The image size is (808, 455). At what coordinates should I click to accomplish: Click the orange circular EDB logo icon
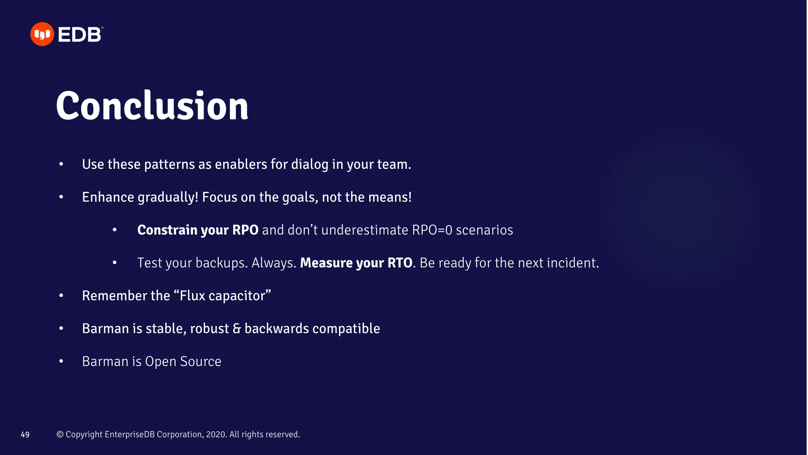[x=42, y=34]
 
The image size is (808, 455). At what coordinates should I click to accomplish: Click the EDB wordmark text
[x=80, y=35]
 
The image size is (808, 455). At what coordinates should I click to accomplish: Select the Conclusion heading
[x=152, y=105]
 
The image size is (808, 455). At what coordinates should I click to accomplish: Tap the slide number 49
[x=25, y=434]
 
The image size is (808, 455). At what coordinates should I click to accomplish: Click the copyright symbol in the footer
[x=60, y=434]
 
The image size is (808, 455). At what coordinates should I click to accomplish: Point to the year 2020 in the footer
[x=216, y=434]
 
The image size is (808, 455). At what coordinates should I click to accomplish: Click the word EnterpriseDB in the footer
[x=129, y=434]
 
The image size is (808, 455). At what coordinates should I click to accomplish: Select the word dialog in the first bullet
[x=310, y=164]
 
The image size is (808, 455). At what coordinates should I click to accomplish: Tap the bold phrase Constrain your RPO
[x=198, y=230]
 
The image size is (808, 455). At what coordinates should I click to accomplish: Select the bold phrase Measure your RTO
[x=356, y=263]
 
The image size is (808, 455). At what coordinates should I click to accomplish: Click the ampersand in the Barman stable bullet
[x=236, y=329]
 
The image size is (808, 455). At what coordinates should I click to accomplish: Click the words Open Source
[x=183, y=361]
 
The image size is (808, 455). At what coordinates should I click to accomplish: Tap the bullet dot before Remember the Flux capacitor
[x=61, y=296]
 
